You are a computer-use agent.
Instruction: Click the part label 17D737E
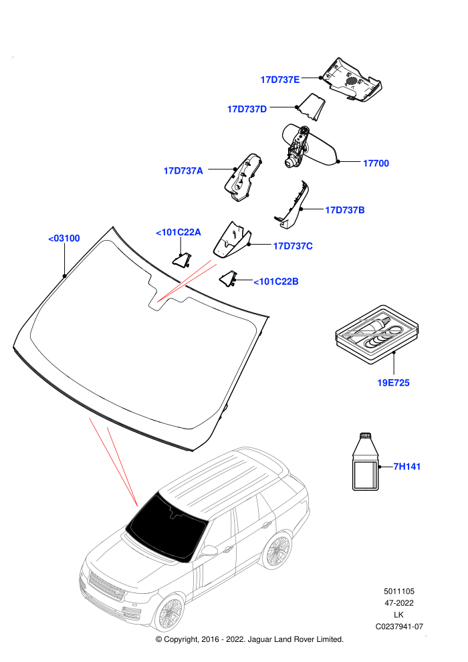click(x=279, y=80)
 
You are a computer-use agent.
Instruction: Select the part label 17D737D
click(x=247, y=109)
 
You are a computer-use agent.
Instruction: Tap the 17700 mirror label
click(x=376, y=163)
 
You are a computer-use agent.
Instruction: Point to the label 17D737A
click(x=183, y=171)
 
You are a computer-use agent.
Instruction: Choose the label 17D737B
click(x=345, y=210)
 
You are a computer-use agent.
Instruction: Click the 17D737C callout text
click(x=293, y=245)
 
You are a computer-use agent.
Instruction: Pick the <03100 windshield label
click(x=64, y=238)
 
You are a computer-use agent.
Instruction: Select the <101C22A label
click(x=179, y=232)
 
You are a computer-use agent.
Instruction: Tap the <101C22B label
click(x=276, y=281)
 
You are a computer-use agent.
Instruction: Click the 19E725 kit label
click(x=393, y=382)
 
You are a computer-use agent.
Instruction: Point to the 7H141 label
click(x=406, y=467)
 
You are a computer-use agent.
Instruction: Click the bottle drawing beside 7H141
click(x=366, y=461)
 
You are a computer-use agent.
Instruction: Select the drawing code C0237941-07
click(x=399, y=627)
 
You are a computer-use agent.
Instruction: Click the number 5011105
click(x=399, y=591)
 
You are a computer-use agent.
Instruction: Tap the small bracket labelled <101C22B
click(x=228, y=279)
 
